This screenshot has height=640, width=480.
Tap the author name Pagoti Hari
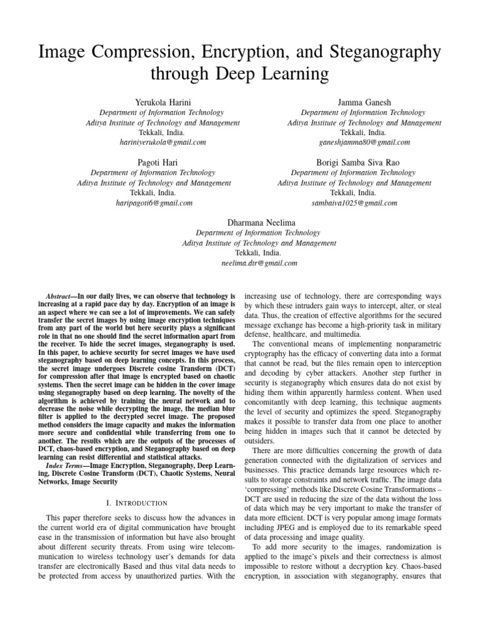coord(154,162)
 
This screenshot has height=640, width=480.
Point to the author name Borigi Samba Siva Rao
coord(354,162)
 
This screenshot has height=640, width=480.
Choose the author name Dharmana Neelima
coord(240,222)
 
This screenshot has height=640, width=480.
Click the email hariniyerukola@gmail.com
coord(162,142)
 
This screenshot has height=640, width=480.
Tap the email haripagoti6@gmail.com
coord(154,203)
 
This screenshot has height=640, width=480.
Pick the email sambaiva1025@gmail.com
coord(354,203)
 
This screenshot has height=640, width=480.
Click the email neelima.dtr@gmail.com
coord(240,263)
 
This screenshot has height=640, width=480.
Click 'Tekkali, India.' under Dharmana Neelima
coord(240,253)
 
